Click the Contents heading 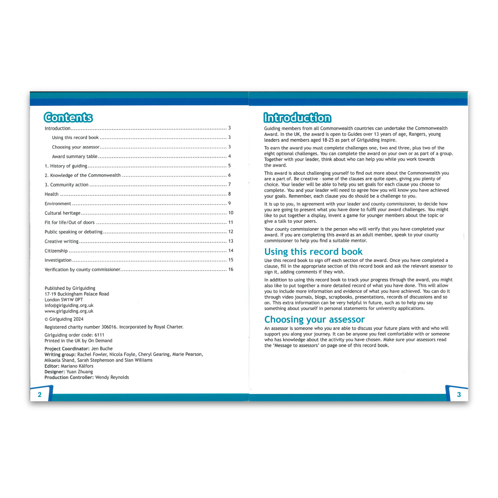coord(68,117)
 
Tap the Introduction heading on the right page coord(297,118)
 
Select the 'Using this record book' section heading coord(313,252)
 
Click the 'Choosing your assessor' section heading coord(315,319)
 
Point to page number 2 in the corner coord(40,395)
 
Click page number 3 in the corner coord(459,395)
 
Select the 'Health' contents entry coord(51,194)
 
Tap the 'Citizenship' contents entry coord(56,251)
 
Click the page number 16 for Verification coord(231,269)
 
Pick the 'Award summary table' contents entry coord(75,156)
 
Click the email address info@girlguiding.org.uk coord(69,306)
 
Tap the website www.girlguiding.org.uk coord(69,311)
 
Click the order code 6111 coord(99,335)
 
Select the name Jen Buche coord(102,349)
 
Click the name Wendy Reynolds coord(112,377)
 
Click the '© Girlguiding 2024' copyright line coord(64,319)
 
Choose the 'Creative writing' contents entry coord(61,241)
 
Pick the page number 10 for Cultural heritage coord(231,213)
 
